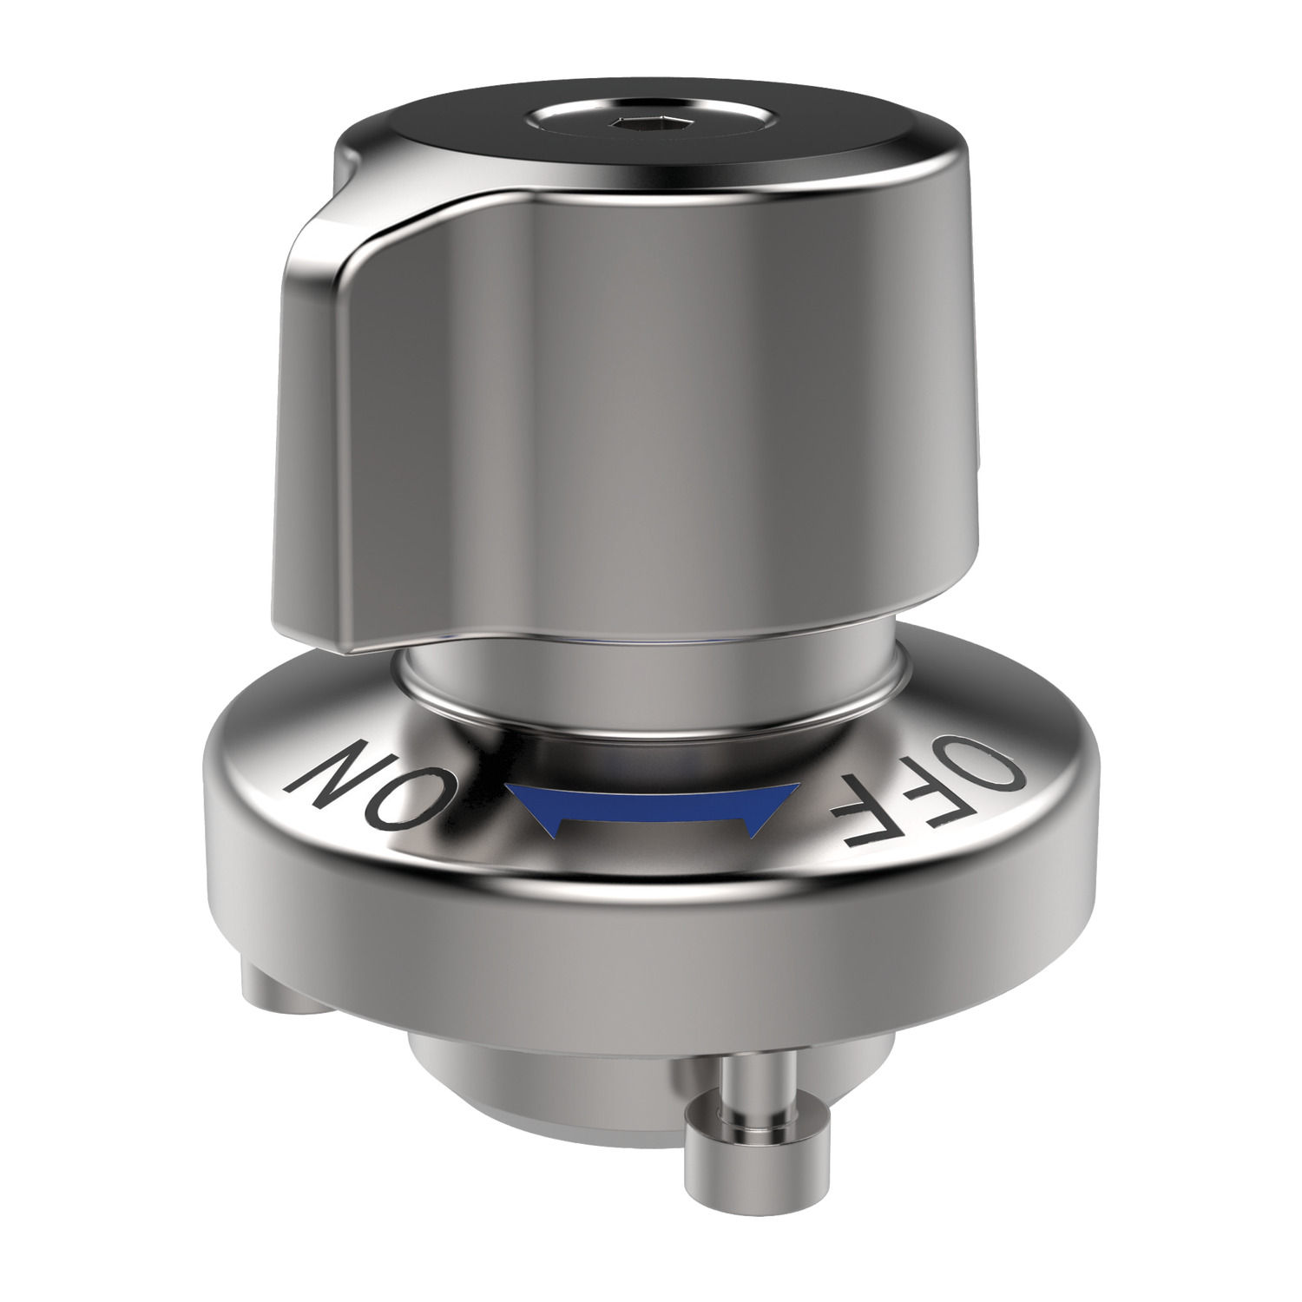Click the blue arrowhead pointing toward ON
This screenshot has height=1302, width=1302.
click(x=530, y=806)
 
